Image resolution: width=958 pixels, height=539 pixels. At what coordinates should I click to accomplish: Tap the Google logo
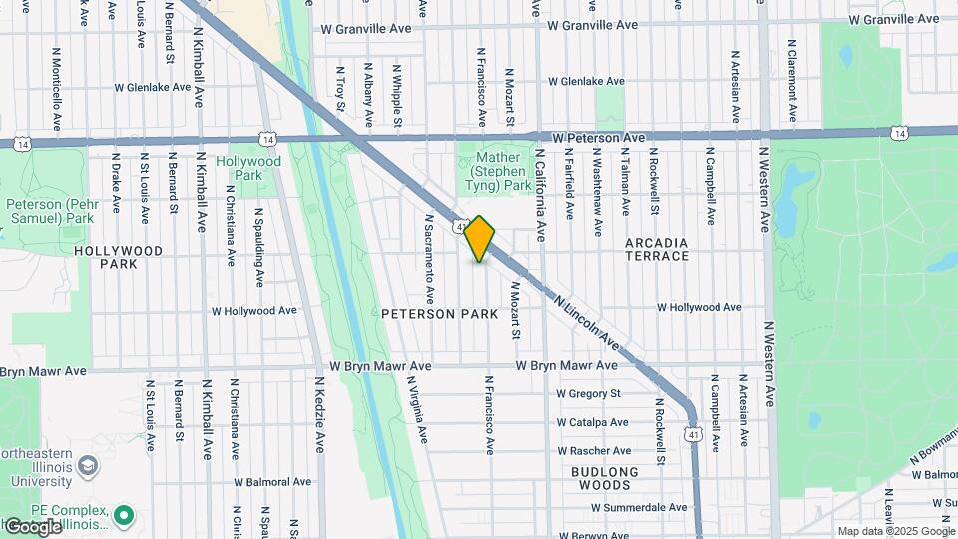[33, 526]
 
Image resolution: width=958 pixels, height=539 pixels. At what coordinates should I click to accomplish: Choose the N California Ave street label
[540, 196]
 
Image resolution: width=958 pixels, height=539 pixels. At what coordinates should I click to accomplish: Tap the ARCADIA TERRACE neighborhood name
[657, 249]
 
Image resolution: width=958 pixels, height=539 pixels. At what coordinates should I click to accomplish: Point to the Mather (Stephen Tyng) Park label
[501, 171]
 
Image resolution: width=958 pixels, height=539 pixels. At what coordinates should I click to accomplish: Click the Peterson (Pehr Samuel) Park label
[50, 211]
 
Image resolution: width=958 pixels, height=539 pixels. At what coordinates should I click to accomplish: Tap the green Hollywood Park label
[248, 168]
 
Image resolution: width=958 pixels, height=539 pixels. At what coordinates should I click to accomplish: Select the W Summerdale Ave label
[638, 507]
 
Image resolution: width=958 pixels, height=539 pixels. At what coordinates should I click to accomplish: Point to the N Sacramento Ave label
[429, 259]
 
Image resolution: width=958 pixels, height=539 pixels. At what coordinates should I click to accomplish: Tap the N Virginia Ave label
[422, 410]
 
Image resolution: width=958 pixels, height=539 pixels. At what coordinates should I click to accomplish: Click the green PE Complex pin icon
[124, 516]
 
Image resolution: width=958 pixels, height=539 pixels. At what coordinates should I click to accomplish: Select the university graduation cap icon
[88, 465]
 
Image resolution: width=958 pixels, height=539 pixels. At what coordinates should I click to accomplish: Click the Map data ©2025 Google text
[896, 531]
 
